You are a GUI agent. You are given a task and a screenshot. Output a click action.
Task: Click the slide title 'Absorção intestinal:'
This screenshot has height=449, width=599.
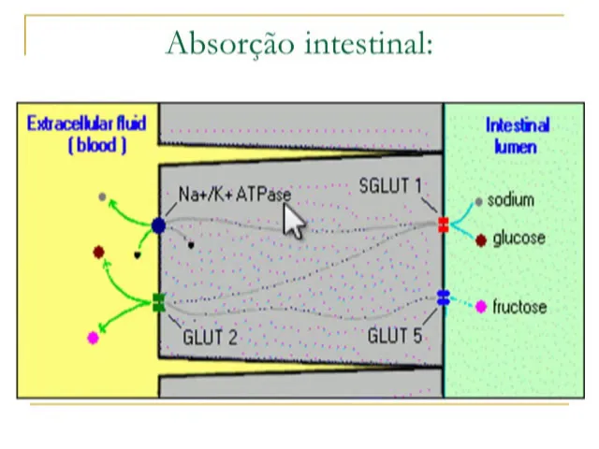coord(299,42)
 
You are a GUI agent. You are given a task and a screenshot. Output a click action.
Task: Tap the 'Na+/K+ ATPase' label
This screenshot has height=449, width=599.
coord(234,195)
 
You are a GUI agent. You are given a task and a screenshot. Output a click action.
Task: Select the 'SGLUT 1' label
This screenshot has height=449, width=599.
coord(390,185)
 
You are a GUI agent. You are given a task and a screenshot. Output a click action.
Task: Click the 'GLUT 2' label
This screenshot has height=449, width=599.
coord(210,336)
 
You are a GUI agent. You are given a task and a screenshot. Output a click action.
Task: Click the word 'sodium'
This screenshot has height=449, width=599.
coord(510,200)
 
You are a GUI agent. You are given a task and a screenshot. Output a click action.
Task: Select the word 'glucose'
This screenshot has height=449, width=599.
coord(519,239)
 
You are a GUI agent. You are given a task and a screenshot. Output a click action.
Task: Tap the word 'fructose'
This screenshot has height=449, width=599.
coord(519,307)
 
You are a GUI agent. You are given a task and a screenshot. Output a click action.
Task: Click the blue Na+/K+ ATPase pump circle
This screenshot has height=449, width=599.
coord(158,225)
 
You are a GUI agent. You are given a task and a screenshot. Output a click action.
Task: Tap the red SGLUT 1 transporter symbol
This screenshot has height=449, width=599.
coord(443,224)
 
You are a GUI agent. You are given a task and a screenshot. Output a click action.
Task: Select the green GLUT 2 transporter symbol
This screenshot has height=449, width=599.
coord(158,302)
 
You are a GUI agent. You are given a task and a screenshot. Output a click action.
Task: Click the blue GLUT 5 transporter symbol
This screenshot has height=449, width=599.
coord(443,298)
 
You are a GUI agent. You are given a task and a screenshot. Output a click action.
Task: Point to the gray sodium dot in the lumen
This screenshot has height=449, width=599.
coord(479,201)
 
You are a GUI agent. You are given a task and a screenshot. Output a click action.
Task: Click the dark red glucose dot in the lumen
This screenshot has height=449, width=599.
coord(481,240)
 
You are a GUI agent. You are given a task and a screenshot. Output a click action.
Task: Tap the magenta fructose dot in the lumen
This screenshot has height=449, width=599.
coord(481,307)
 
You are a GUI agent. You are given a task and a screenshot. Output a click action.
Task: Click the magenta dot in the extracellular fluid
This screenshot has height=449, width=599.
coord(93,338)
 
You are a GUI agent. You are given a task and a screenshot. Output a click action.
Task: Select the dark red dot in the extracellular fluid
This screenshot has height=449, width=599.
coord(98,252)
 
